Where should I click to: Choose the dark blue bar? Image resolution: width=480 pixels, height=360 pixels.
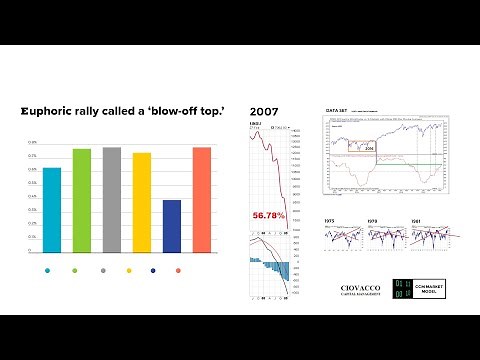tap(171, 225)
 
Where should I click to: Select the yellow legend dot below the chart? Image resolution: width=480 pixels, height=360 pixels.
tap(129, 271)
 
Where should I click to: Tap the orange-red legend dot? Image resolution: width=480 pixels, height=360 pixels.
tap(178, 271)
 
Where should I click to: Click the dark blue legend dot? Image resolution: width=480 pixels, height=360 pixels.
tap(153, 271)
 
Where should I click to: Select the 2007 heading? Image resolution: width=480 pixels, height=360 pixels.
tap(264, 111)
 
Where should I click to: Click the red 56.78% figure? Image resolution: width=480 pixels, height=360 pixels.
tap(269, 215)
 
